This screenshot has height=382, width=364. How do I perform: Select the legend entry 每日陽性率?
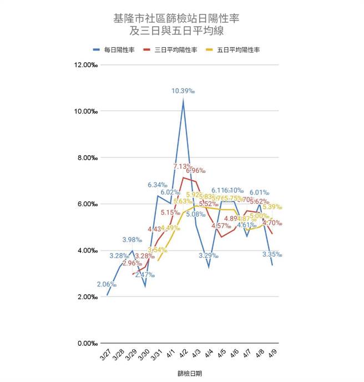pos(115,50)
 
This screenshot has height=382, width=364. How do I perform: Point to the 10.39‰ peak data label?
pos(183,91)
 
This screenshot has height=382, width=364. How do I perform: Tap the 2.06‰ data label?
pos(106,284)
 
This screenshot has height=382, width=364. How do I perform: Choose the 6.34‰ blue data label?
pos(159,185)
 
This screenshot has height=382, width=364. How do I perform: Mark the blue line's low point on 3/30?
pos(145,286)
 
